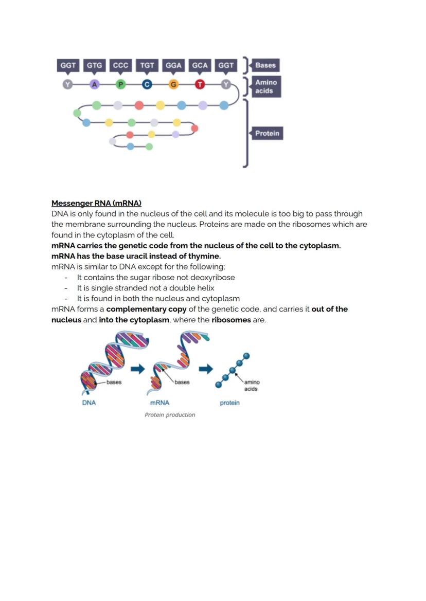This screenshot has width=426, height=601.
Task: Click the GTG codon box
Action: [94, 65]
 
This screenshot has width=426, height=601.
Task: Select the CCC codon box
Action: [120, 65]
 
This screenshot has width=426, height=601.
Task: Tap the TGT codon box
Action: [147, 65]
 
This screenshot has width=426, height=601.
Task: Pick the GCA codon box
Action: [200, 65]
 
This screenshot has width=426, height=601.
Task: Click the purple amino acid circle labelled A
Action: [94, 84]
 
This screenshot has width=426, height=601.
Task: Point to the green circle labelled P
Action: [120, 84]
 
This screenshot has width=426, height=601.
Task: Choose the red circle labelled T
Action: [200, 84]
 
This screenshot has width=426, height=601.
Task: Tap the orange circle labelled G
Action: [173, 84]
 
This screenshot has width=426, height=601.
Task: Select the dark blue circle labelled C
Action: [147, 84]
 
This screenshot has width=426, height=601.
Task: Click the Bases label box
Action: [265, 65]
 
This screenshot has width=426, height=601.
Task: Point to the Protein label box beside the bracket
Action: [267, 134]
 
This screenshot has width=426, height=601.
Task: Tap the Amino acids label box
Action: [265, 86]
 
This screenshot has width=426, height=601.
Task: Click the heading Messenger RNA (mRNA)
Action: [96, 203]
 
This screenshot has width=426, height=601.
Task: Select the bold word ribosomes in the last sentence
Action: [231, 320]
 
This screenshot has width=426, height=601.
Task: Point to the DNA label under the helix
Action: [89, 403]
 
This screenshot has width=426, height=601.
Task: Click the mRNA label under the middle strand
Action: [159, 403]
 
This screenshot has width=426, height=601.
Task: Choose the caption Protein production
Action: [170, 415]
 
